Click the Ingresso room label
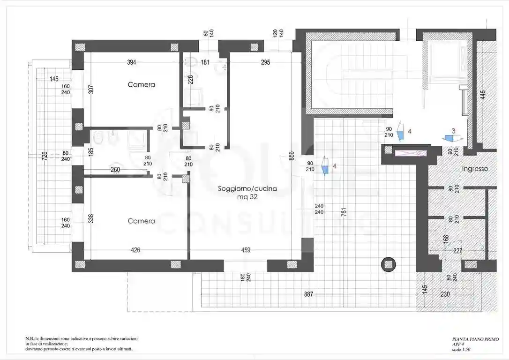[x=475, y=169]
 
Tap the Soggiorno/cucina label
[x=247, y=188]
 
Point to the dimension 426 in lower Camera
[x=135, y=250]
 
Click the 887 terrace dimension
[x=307, y=294]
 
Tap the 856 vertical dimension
[x=291, y=156]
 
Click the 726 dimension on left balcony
[x=44, y=157]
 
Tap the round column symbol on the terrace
[x=389, y=264]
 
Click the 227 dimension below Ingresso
[x=458, y=251]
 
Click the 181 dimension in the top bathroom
[x=205, y=62]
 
